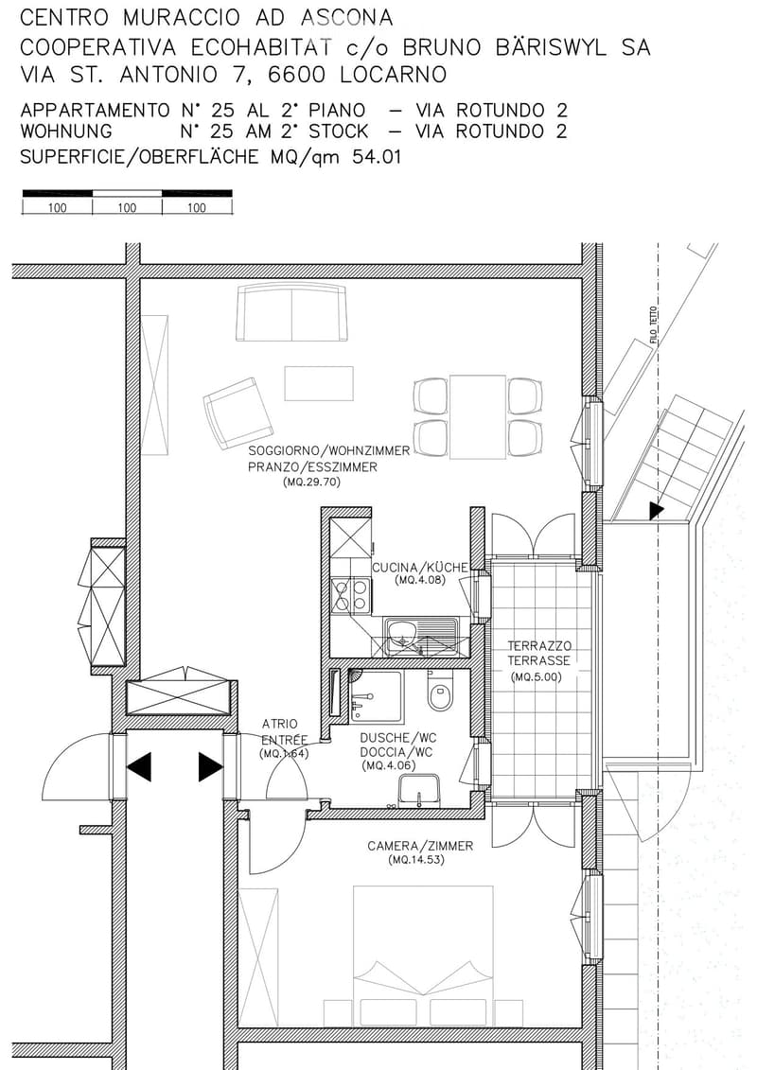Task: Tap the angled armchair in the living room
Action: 238,412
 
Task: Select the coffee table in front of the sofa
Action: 319,383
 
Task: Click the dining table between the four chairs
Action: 478,416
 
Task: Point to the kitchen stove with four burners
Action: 350,594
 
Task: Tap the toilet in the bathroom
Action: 437,693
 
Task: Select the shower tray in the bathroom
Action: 376,696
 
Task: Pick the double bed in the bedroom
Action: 423,956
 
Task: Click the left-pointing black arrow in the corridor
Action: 138,766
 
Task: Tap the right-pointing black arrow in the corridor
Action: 211,766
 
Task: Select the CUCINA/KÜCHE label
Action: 420,567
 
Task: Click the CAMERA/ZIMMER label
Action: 420,846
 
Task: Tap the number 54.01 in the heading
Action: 376,158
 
